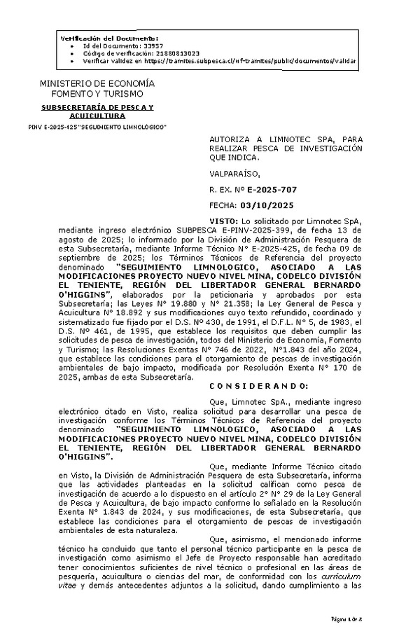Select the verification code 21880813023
[149, 53]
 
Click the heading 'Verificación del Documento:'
[110, 38]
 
